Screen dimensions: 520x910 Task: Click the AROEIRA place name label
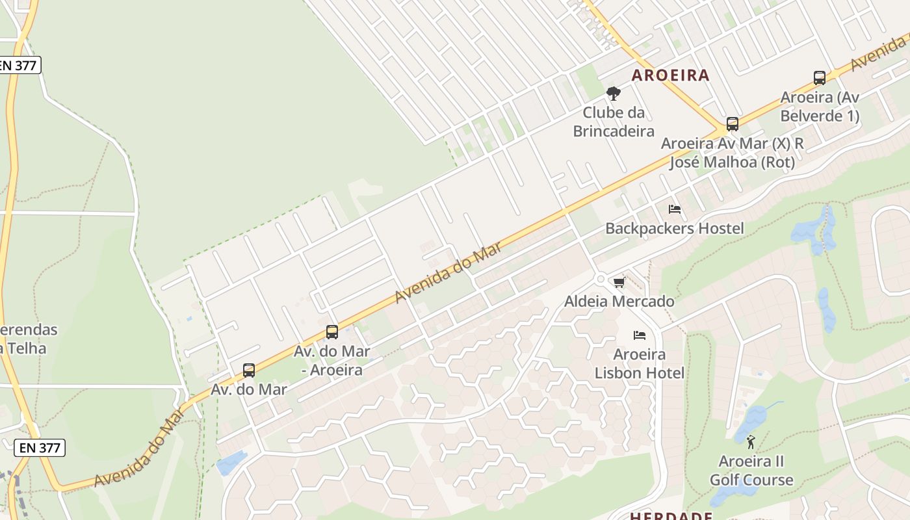[x=670, y=75]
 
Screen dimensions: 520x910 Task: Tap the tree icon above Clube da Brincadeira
[x=613, y=94]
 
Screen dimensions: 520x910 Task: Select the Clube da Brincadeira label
[x=613, y=122]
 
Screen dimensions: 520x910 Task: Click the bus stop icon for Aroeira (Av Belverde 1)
[x=820, y=78]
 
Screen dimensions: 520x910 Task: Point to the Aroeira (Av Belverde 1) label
[x=820, y=107]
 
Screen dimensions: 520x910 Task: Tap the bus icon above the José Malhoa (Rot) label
[x=733, y=124]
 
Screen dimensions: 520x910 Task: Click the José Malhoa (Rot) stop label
[x=733, y=152]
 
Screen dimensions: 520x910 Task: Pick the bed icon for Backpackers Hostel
[x=675, y=209]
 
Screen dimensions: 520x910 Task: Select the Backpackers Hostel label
[x=675, y=228]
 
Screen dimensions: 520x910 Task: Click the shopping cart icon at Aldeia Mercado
[x=619, y=282]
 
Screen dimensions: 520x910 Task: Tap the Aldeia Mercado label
[x=619, y=301]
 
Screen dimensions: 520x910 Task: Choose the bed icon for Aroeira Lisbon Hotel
[x=640, y=335]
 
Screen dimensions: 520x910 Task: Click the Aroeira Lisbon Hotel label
[x=640, y=363]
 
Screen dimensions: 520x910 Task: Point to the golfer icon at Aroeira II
[x=751, y=442]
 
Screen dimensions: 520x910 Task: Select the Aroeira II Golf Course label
[x=751, y=471]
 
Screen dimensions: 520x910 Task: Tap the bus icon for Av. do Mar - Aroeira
[x=332, y=332]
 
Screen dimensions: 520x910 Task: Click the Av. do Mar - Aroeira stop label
[x=332, y=360]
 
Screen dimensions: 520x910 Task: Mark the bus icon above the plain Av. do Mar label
[x=249, y=370]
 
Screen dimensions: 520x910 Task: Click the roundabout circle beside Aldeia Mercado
[x=601, y=279]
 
